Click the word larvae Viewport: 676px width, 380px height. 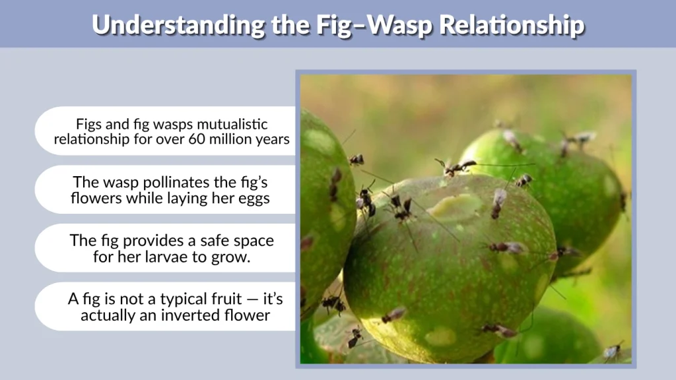(183, 257)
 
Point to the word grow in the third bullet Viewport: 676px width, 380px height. (232, 257)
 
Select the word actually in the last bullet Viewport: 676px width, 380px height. (104, 315)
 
